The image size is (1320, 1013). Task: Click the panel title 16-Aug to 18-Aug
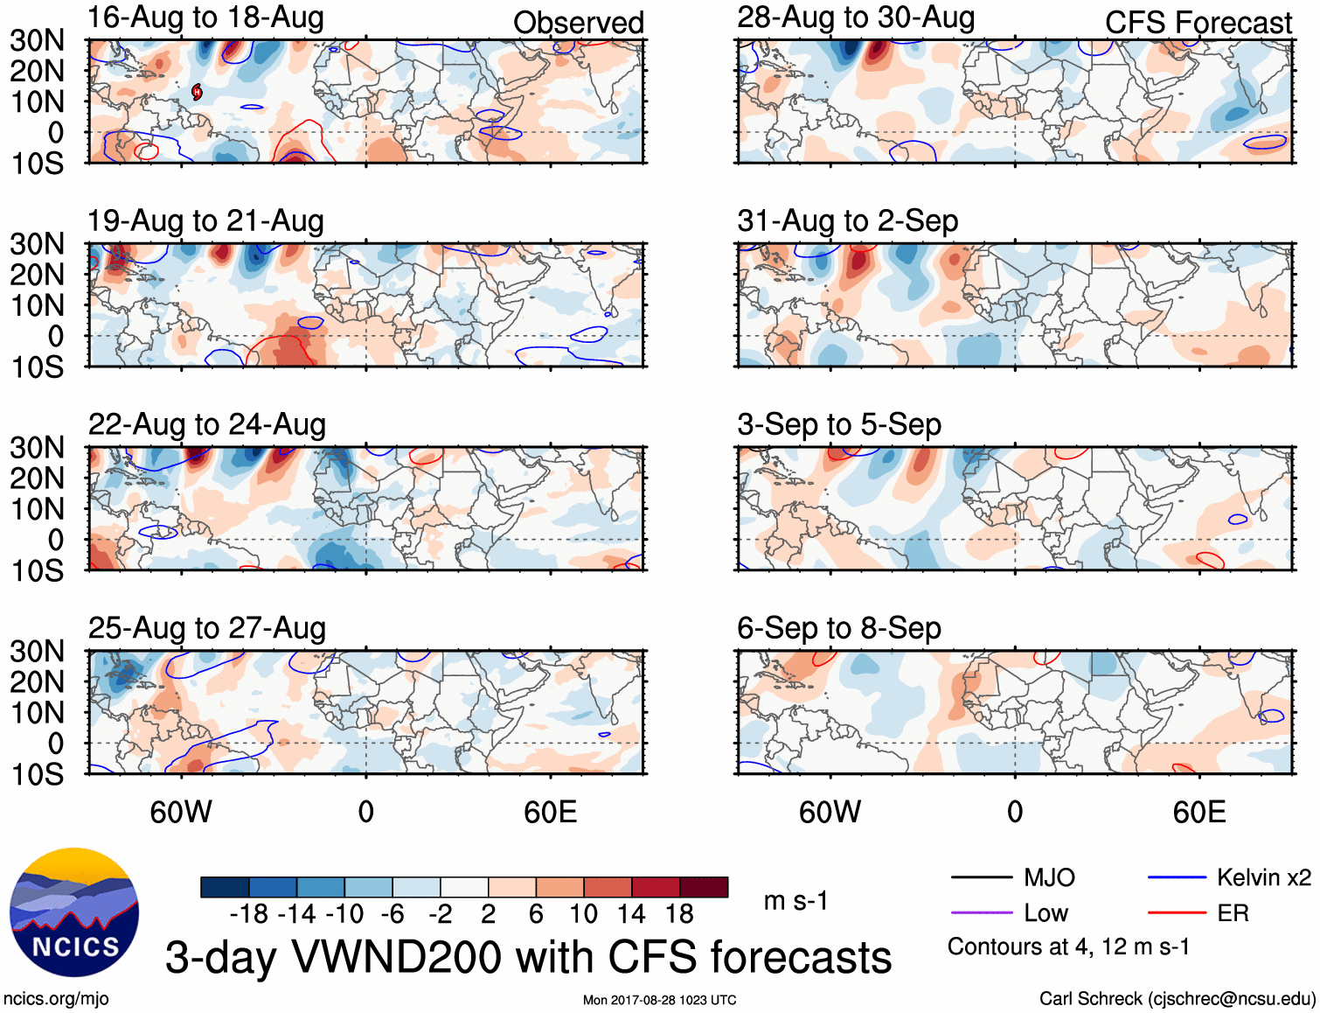point(205,17)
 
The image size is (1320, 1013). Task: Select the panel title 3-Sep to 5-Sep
point(838,425)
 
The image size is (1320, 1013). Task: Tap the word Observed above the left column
point(578,23)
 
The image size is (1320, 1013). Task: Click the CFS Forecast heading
point(1198,23)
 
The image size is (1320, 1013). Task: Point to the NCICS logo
point(74,912)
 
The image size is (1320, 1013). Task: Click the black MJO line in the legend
point(981,877)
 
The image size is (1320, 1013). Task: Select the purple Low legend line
point(981,913)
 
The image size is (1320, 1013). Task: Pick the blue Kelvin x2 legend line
point(1177,877)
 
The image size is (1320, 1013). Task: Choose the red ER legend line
point(1177,913)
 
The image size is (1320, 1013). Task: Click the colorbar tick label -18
point(248,914)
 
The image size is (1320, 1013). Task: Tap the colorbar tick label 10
point(583,914)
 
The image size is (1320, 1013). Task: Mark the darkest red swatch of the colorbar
point(704,887)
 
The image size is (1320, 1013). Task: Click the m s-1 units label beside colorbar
point(795,901)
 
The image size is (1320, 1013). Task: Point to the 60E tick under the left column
point(550,813)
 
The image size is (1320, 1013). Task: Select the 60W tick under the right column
point(830,813)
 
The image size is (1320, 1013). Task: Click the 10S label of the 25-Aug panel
point(37,774)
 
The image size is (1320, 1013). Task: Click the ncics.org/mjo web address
point(56,999)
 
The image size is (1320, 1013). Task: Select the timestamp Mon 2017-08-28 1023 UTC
point(659,1000)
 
